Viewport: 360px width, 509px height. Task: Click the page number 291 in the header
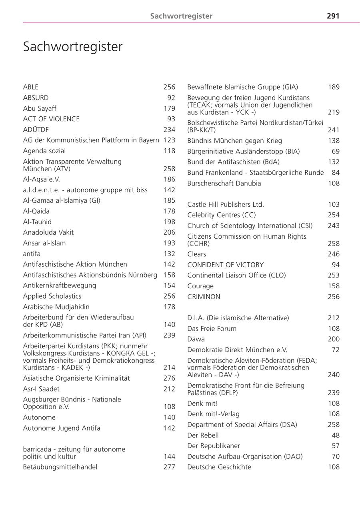pyautogui.click(x=333, y=16)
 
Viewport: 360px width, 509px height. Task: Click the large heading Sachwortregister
pyautogui.click(x=73, y=47)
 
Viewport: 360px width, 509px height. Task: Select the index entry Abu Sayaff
pyautogui.click(x=40, y=108)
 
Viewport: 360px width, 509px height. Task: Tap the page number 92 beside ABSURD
pyautogui.click(x=171, y=98)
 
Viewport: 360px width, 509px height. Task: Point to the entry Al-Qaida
pyautogui.click(x=36, y=211)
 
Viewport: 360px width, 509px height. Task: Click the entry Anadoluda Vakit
pyautogui.click(x=48, y=232)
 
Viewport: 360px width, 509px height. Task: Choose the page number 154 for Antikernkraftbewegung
pyautogui.click(x=169, y=285)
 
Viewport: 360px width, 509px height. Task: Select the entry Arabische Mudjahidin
pyautogui.click(x=56, y=307)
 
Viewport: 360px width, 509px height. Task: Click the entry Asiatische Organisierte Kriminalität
pyautogui.click(x=76, y=378)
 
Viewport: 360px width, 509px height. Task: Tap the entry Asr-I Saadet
pyautogui.click(x=42, y=389)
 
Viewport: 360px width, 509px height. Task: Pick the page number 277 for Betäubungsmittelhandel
pyautogui.click(x=169, y=467)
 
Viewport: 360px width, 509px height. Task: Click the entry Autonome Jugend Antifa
pyautogui.click(x=62, y=428)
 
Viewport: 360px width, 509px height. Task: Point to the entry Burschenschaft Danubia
pyautogui.click(x=224, y=183)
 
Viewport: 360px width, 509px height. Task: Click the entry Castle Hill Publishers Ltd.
pyautogui.click(x=226, y=204)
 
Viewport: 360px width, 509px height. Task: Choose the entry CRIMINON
pyautogui.click(x=204, y=297)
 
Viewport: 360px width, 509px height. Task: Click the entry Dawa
pyautogui.click(x=196, y=339)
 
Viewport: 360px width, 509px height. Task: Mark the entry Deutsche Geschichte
pyautogui.click(x=219, y=467)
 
